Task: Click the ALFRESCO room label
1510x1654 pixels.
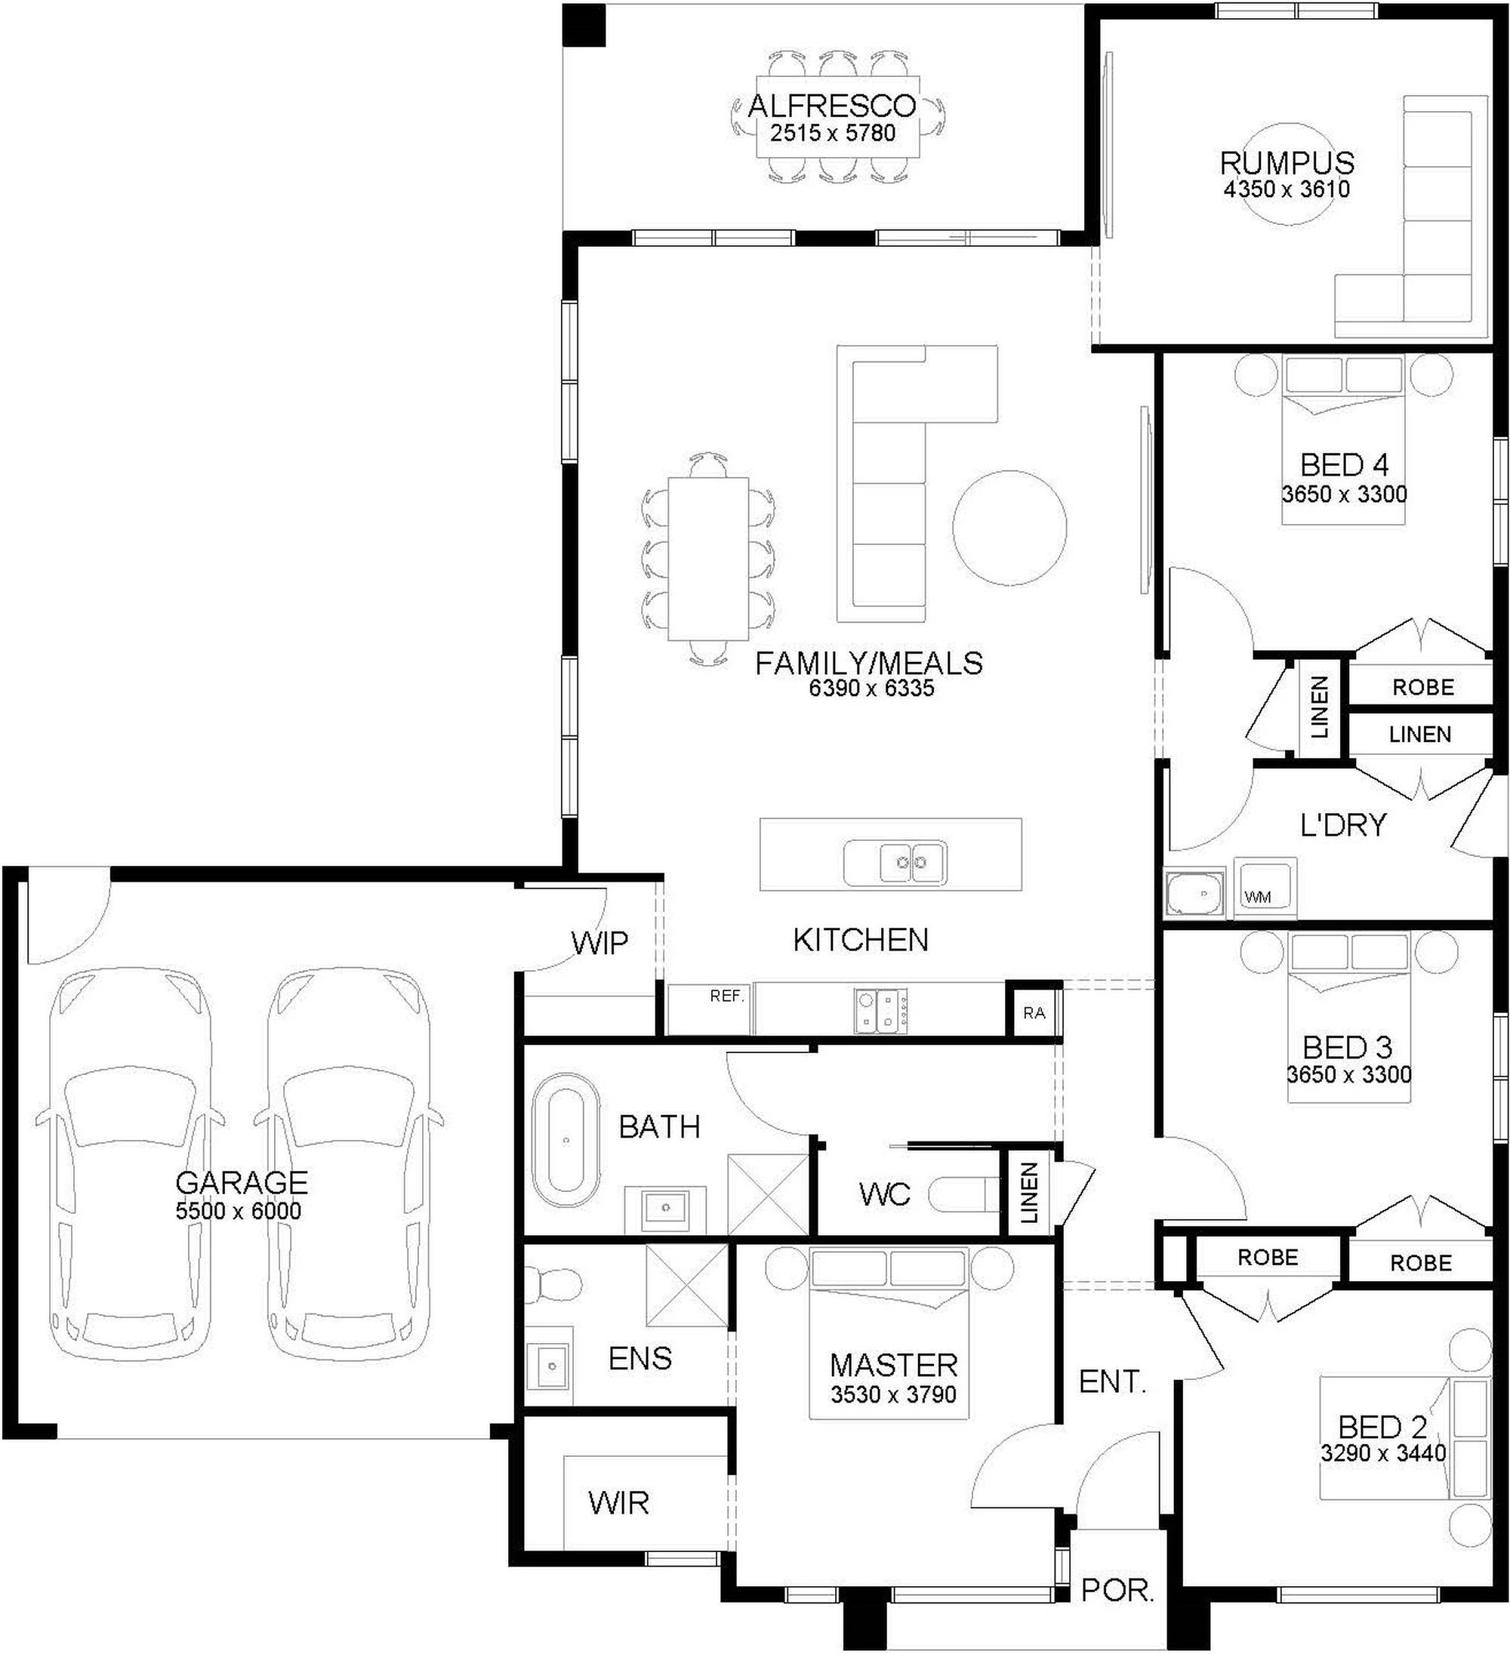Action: pos(831,106)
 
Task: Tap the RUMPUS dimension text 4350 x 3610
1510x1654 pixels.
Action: pos(1287,189)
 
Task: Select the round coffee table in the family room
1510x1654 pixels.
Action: pos(1009,528)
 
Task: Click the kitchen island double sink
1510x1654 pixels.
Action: pos(895,863)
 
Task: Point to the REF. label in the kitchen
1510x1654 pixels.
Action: pos(727,996)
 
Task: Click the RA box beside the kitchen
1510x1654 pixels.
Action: pos(1034,1012)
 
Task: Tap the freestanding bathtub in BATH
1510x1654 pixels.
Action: pos(565,1141)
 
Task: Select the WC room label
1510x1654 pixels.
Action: pos(885,1194)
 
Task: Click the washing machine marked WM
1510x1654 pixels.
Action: pos(1265,889)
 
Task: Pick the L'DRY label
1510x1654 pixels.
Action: pos(1342,824)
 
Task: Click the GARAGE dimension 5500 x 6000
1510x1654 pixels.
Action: pos(238,1211)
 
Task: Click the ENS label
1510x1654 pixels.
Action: pos(640,1359)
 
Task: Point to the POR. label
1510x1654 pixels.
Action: pos(1117,1591)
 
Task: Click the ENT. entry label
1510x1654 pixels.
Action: pos(1112,1382)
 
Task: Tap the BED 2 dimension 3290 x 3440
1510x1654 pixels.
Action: pos(1383,1453)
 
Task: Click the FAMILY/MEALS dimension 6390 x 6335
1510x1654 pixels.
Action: pos(871,688)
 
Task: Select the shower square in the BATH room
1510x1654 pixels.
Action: pos(768,1194)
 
